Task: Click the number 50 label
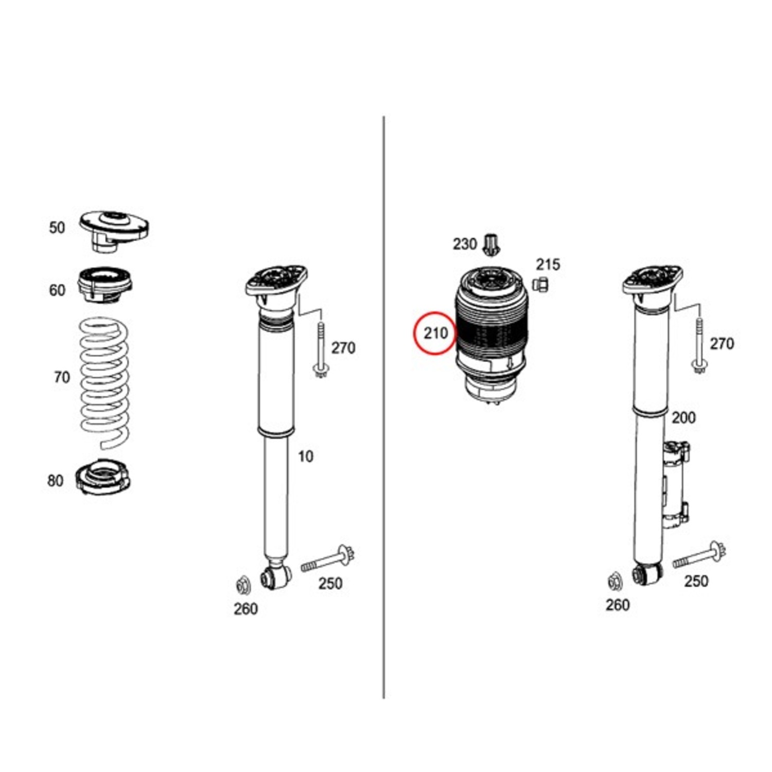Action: [x=57, y=227]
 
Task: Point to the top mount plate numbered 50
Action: [x=114, y=230]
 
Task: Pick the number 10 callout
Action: [x=305, y=456]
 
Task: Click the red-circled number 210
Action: [x=436, y=334]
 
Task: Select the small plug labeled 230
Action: [x=492, y=244]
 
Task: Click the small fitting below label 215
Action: [x=540, y=284]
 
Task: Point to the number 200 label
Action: [x=683, y=417]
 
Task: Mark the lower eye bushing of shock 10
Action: [x=275, y=576]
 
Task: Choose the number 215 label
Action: [x=548, y=265]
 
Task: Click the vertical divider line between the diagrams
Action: [x=383, y=407]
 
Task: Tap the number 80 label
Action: [x=55, y=481]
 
